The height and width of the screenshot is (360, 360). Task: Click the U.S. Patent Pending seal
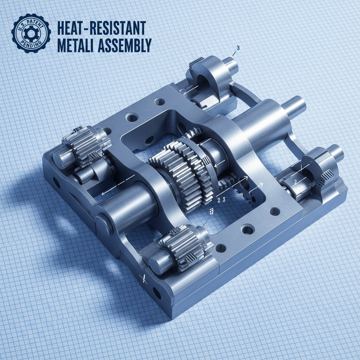tap(31, 33)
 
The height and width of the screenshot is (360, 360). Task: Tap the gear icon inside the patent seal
tap(31, 34)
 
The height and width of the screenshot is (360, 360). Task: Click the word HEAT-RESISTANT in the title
tap(101, 28)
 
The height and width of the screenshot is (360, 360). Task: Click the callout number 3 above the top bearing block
tap(238, 49)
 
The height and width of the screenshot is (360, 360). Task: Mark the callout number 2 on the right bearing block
tap(296, 182)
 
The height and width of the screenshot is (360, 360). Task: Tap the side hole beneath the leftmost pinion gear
tap(56, 183)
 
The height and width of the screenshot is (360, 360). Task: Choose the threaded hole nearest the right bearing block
tap(274, 211)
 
